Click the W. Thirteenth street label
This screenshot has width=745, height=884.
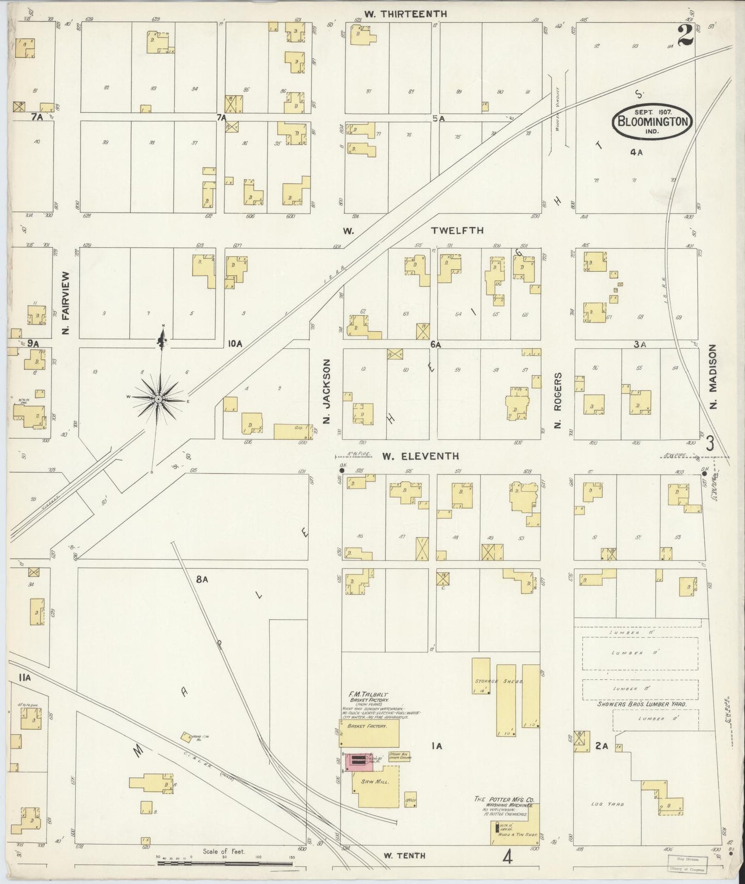(x=405, y=14)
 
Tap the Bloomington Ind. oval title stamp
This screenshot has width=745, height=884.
(x=652, y=122)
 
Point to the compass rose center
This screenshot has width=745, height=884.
(x=158, y=400)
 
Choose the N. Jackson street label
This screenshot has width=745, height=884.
(x=326, y=392)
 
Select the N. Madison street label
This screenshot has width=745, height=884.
(x=714, y=377)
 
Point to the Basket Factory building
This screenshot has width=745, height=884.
(x=369, y=733)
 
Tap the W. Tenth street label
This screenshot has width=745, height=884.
(x=405, y=855)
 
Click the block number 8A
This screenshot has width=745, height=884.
(x=201, y=580)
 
